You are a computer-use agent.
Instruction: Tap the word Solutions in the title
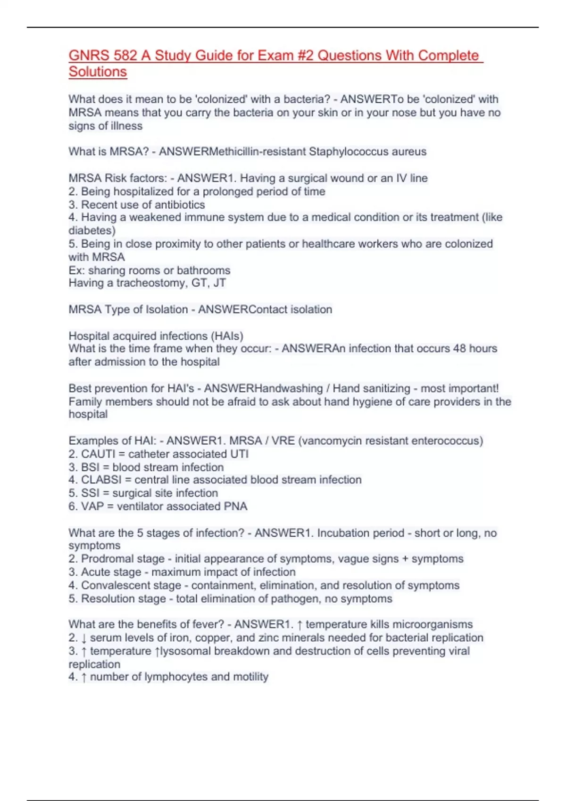point(98,72)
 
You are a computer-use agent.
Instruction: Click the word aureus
point(409,152)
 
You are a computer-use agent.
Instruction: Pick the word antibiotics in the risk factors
point(182,205)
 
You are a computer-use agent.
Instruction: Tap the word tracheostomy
point(151,283)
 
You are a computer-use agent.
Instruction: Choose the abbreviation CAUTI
point(98,454)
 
